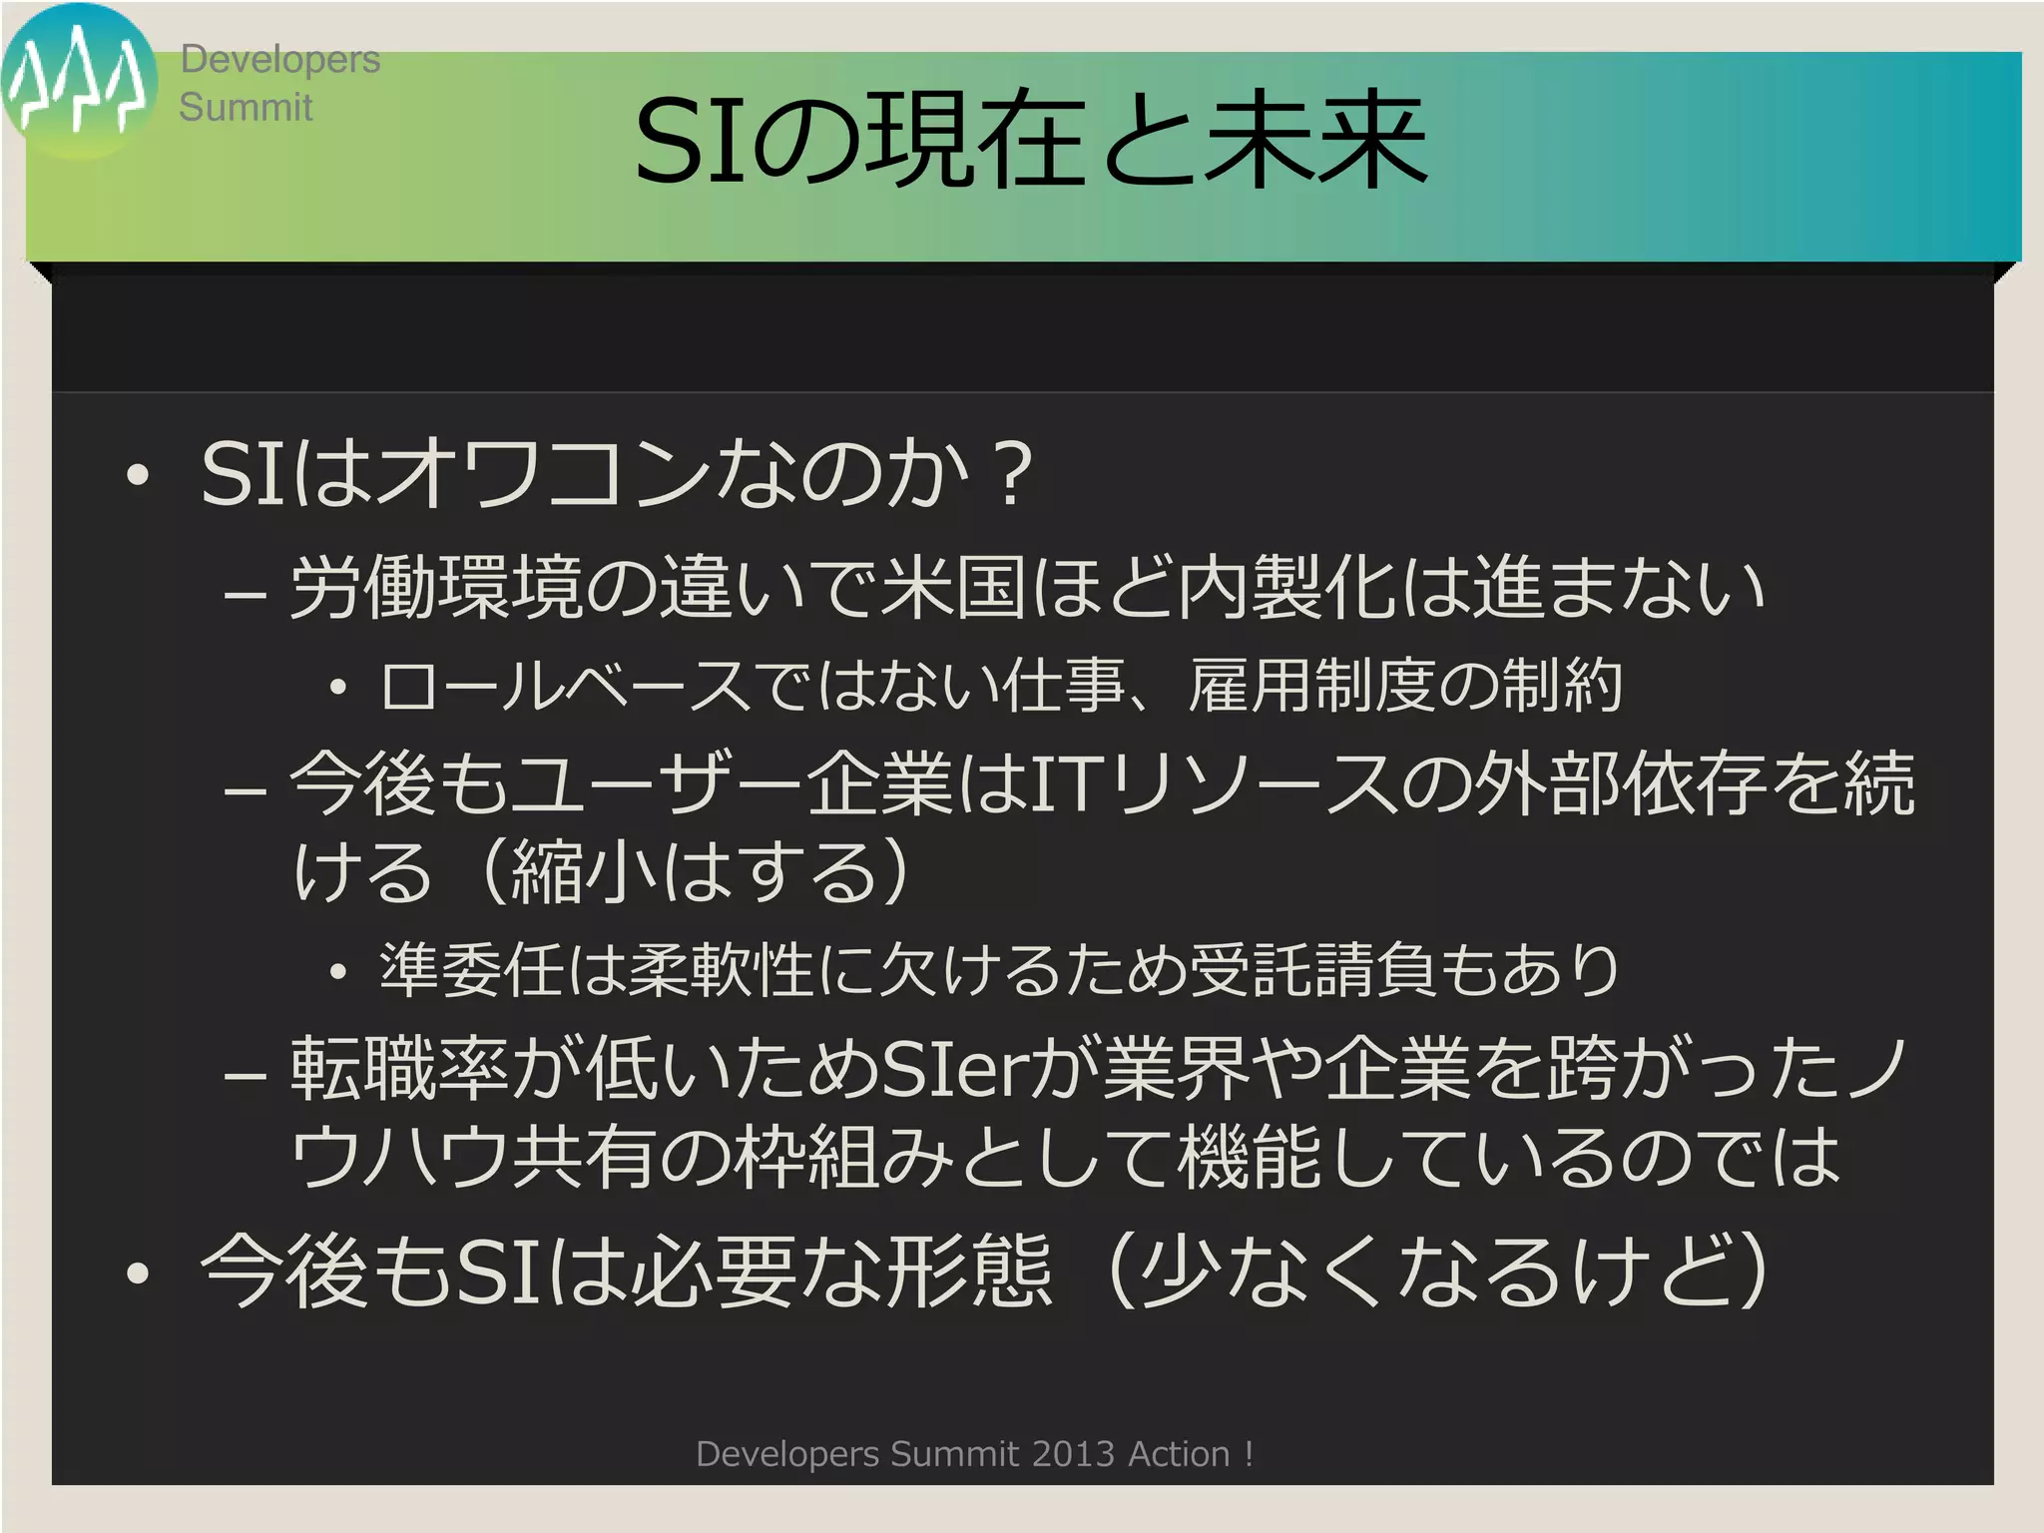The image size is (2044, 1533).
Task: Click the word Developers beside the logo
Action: pyautogui.click(x=279, y=60)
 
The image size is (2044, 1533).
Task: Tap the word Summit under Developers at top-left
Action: pyautogui.click(x=246, y=107)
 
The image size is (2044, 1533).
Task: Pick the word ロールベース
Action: pyautogui.click(x=564, y=687)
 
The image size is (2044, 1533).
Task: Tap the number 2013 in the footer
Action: pyautogui.click(x=1073, y=1454)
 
